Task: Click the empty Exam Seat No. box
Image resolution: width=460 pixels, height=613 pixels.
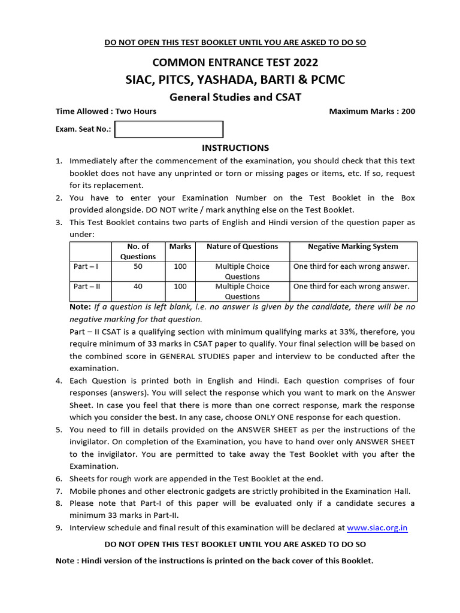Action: [169, 129]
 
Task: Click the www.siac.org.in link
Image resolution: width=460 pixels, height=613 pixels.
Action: [377, 528]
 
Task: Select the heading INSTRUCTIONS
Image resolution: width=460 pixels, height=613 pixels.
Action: [235, 148]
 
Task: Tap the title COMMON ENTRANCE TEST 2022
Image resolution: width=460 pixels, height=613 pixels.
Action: [235, 62]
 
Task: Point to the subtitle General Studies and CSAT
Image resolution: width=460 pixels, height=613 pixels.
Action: [235, 97]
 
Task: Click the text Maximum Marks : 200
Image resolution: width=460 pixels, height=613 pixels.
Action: [372, 111]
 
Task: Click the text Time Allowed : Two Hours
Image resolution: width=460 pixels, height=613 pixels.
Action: [106, 111]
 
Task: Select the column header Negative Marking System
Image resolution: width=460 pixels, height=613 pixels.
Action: [353, 247]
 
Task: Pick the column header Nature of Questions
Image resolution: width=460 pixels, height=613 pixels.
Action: [242, 247]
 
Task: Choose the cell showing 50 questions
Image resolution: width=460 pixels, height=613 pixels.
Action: [138, 266]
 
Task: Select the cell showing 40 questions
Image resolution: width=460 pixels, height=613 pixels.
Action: [138, 286]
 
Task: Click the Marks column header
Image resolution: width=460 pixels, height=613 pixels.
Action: [180, 247]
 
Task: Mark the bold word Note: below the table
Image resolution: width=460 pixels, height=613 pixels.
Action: [80, 306]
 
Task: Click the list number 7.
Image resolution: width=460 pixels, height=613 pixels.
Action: [59, 491]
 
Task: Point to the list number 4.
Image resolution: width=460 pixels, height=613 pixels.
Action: [59, 381]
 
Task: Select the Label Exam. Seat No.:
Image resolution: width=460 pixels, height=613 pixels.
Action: [83, 129]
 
